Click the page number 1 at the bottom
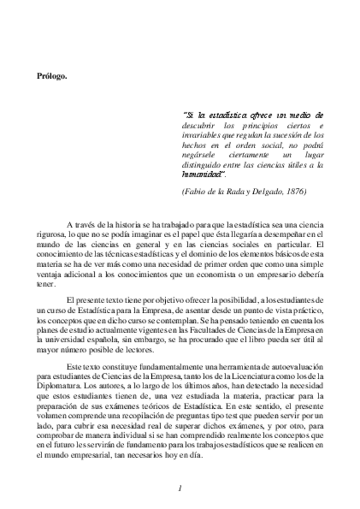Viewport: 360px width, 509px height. pos(179,487)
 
